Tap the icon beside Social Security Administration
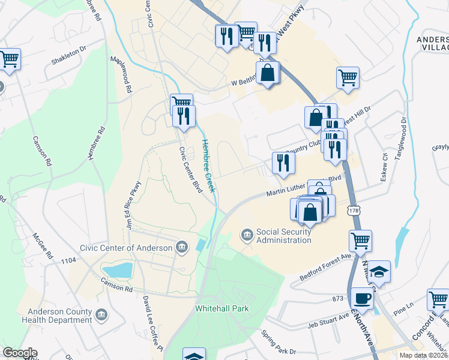click(x=247, y=235)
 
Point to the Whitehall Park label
click(x=222, y=309)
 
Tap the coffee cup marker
click(x=362, y=298)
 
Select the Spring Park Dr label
click(x=278, y=341)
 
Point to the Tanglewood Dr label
click(x=400, y=137)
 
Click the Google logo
click(x=19, y=353)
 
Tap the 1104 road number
click(x=68, y=260)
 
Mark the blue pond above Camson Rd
click(x=117, y=270)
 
